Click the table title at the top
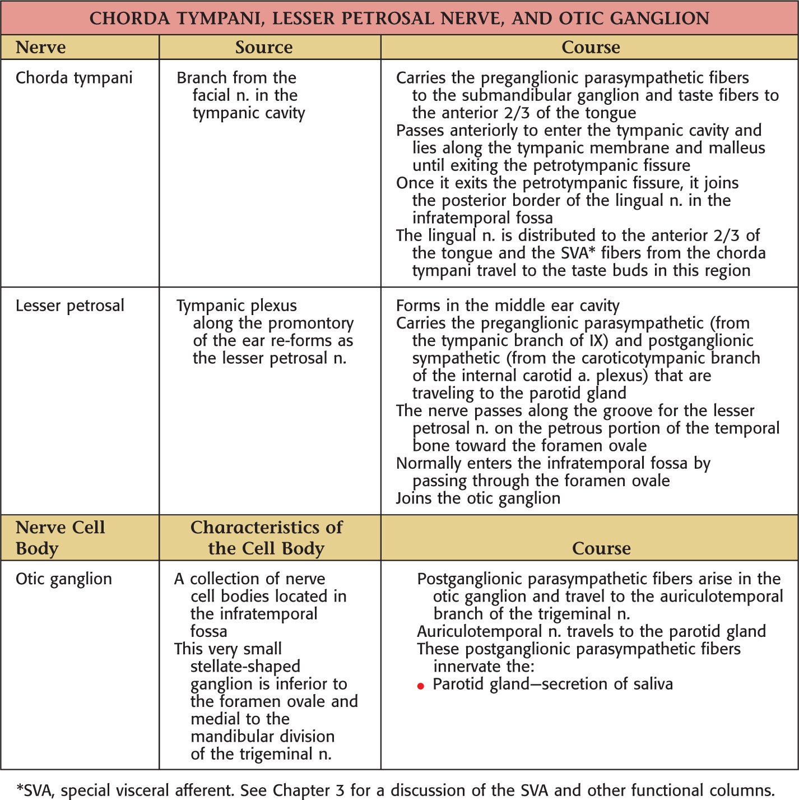(x=399, y=18)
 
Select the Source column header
(x=264, y=47)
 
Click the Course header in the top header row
(x=591, y=47)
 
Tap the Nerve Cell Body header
(x=60, y=537)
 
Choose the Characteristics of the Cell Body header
(x=266, y=537)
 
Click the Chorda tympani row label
(x=74, y=77)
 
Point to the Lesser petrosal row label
(x=70, y=306)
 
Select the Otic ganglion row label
(x=64, y=579)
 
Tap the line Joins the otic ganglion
(x=478, y=498)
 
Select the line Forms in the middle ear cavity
(x=508, y=306)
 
